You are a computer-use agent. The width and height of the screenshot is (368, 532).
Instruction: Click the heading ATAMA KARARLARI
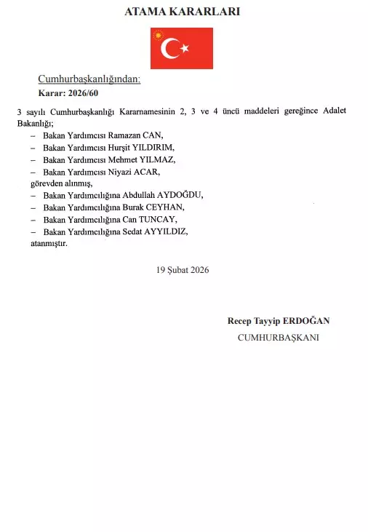tap(183, 12)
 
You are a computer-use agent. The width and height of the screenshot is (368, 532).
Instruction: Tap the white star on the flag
tap(185, 48)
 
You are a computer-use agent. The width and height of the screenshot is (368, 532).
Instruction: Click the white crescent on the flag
tap(170, 48)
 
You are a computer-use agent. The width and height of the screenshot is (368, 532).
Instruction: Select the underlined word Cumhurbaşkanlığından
tap(89, 79)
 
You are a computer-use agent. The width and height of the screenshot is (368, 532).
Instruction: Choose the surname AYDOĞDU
tap(180, 195)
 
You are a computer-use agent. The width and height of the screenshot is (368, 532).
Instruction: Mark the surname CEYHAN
tap(164, 207)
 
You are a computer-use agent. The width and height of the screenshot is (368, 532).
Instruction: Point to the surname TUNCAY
tap(159, 219)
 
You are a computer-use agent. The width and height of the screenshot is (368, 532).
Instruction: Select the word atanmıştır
tap(49, 243)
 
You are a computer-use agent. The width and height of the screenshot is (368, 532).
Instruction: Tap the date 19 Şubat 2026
tap(183, 269)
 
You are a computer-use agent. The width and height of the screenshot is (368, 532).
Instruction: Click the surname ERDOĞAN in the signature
tap(309, 321)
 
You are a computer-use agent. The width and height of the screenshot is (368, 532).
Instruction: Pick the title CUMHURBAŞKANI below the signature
tap(278, 337)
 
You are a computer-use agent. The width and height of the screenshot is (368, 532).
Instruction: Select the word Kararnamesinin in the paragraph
tap(155, 111)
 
